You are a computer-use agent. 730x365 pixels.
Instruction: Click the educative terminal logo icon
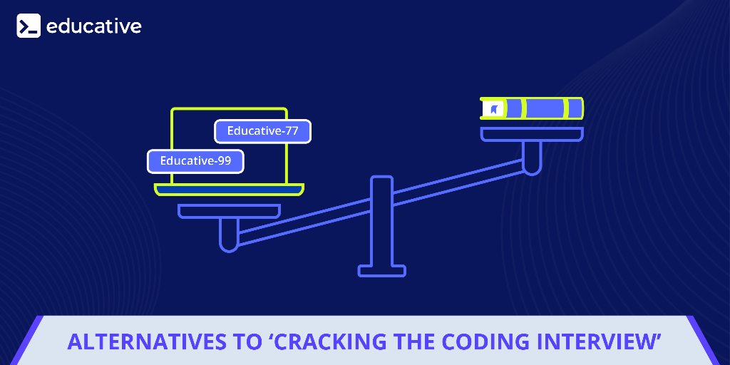29,26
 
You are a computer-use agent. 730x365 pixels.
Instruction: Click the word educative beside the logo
94,26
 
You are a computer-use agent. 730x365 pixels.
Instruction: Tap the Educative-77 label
262,131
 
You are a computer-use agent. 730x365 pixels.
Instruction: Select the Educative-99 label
195,161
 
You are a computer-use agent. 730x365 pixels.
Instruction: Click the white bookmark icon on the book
493,109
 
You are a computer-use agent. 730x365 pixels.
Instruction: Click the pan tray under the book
532,134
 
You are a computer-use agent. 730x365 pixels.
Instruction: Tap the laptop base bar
229,189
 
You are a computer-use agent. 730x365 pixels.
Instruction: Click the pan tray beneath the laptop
229,211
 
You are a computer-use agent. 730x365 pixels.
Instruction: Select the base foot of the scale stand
381,271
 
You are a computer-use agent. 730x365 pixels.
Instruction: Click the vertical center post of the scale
381,221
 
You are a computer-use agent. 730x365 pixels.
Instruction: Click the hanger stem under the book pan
532,157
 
